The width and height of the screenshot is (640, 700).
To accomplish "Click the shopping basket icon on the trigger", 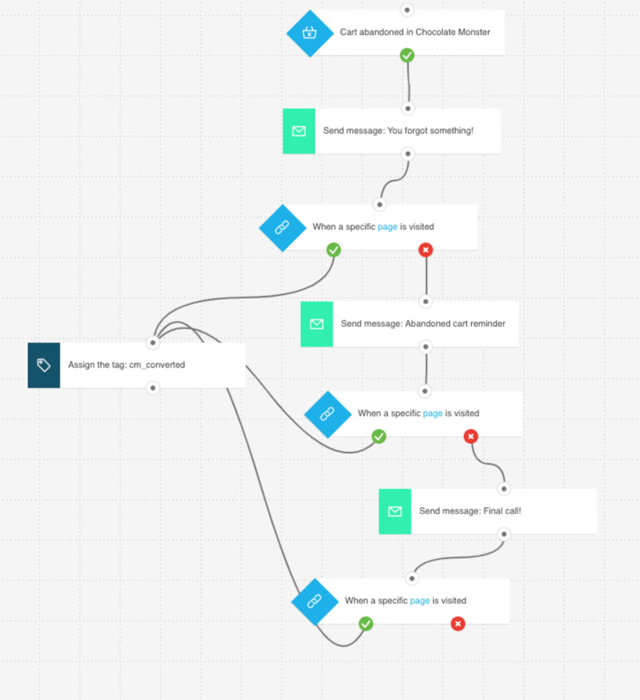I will pos(310,33).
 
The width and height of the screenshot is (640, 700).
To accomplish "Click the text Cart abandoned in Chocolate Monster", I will pos(415,32).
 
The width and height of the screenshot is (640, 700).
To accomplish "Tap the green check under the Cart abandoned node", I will pos(408,56).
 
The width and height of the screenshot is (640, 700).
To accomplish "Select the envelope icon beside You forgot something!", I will pos(299,131).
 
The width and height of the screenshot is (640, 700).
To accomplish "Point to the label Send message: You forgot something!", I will pos(398,131).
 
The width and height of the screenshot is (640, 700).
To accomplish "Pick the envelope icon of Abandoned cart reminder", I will pos(317,324).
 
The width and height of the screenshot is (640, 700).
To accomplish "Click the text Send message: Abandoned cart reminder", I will pos(423,323).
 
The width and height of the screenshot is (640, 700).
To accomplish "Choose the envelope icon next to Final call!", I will pos(395,511).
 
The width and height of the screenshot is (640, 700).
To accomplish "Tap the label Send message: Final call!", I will pos(470,511).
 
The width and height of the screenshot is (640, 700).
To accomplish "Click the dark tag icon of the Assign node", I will pos(44,365).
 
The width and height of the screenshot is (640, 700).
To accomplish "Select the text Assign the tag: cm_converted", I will pos(126,365).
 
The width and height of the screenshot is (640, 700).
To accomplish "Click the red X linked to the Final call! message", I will pos(471,437).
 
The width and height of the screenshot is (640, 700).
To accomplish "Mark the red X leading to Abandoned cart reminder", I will pos(426,249).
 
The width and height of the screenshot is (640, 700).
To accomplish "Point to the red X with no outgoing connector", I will pos(458,624).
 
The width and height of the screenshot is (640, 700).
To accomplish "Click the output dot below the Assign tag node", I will pos(152,388).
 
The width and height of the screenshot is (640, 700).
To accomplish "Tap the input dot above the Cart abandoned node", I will pos(408,10).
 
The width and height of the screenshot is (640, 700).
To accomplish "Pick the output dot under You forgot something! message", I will pos(408,154).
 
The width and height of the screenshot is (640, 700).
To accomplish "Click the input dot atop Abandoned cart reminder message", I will pos(426,302).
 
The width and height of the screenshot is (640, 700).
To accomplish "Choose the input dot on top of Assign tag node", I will pos(152,342).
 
